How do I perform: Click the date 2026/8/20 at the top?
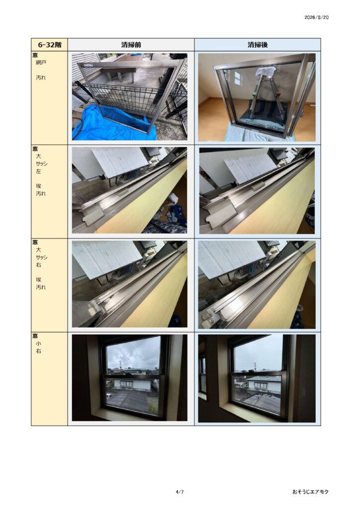(x=316, y=17)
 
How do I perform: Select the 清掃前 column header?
(x=131, y=45)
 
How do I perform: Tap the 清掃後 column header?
(x=258, y=45)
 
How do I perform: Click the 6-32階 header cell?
(x=49, y=45)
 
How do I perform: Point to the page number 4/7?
(x=180, y=492)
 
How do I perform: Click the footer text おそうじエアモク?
(x=310, y=492)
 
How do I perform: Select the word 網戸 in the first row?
(x=41, y=62)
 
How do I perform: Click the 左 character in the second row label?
(x=39, y=171)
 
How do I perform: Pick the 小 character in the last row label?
(x=39, y=343)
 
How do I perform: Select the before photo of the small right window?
(x=129, y=378)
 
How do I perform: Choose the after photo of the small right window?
(x=257, y=378)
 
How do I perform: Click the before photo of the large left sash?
(x=129, y=190)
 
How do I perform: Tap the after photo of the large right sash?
(x=257, y=285)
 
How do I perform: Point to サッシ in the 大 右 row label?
(x=42, y=257)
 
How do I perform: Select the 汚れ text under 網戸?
(x=41, y=78)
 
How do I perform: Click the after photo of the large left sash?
(x=257, y=191)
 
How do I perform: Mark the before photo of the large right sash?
(x=129, y=284)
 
